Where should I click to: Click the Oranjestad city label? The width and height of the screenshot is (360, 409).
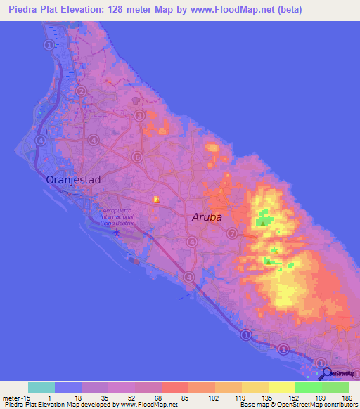pos(73,180)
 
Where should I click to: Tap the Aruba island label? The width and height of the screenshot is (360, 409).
pos(207,217)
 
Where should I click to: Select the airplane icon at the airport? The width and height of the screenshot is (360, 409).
pos(117,232)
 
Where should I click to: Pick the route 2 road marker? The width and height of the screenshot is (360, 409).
pos(81,91)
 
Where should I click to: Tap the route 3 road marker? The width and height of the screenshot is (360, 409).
pos(139,116)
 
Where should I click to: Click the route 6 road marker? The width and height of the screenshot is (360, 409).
pos(137,157)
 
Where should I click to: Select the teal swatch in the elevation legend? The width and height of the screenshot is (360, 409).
pos(41,387)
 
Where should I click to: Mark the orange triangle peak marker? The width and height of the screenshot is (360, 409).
pos(157,199)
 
